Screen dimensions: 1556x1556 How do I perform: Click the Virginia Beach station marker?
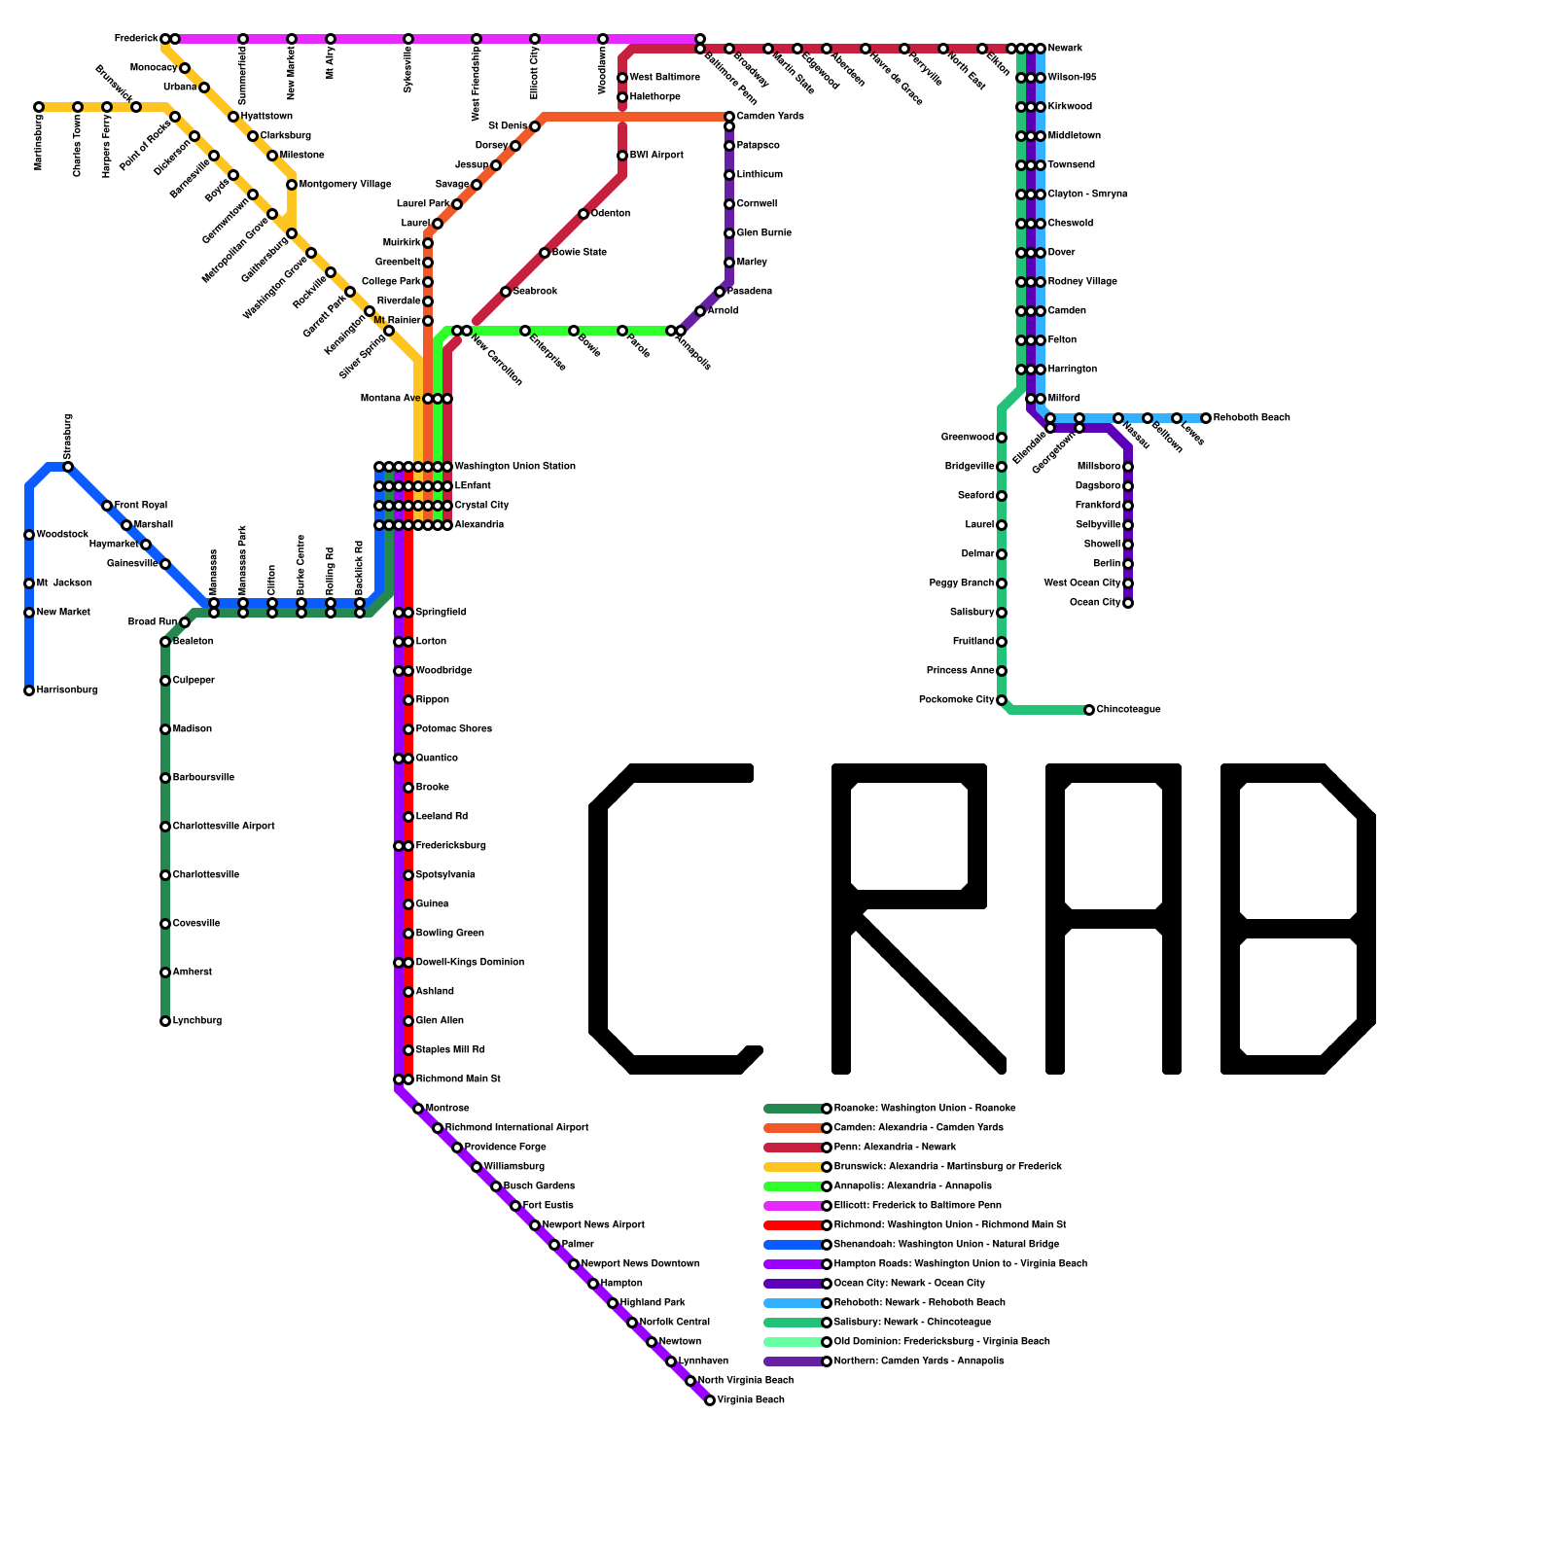[x=710, y=1400]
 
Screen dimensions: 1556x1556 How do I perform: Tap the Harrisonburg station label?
[x=67, y=690]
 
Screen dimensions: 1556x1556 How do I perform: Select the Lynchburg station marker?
[x=165, y=1021]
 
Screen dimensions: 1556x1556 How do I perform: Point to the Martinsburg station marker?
[x=39, y=107]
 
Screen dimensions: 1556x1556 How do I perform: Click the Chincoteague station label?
[x=1128, y=710]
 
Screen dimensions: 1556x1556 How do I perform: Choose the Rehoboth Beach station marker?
[x=1206, y=418]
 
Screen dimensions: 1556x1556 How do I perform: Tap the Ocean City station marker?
[x=1128, y=603]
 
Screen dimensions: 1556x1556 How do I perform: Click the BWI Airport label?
[x=656, y=156]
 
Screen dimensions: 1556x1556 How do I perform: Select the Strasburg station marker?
[x=68, y=467]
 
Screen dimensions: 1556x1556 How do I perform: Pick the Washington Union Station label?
[x=515, y=467]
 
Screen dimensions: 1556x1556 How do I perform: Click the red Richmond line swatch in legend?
[x=794, y=1225]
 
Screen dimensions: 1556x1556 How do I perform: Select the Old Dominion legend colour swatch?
[x=794, y=1342]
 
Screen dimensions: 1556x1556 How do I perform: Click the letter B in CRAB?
[x=1298, y=919]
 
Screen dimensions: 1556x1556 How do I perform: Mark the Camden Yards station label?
[x=770, y=117]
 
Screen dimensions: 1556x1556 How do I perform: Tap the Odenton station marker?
[x=583, y=214]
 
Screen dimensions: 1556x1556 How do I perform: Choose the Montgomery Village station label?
[x=345, y=185]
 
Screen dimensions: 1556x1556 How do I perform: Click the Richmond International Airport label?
[x=516, y=1128]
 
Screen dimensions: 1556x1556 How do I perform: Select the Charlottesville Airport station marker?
[x=165, y=827]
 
